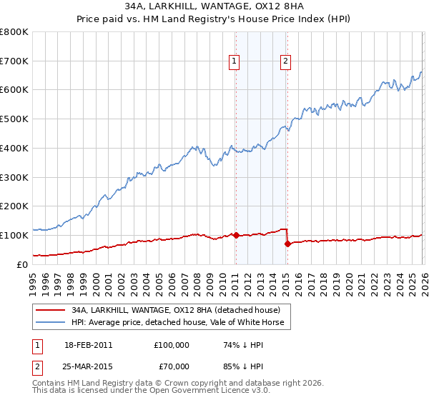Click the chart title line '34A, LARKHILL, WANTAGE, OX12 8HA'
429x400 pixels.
point(214,6)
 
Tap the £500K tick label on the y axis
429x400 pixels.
point(14,119)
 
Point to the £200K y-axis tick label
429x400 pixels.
point(14,206)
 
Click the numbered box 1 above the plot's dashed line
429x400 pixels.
point(235,62)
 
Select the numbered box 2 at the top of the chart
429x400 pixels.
point(285,62)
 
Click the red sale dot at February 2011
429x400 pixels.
point(235,235)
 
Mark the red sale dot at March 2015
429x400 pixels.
point(287,244)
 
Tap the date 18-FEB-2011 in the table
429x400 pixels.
point(87,344)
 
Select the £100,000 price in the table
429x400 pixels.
point(171,344)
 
